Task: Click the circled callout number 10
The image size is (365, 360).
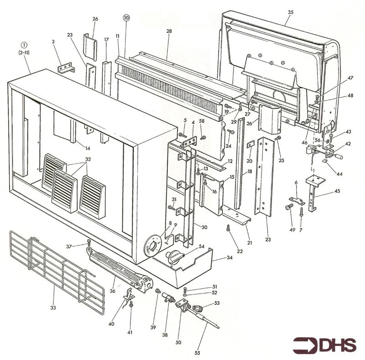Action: tap(126, 18)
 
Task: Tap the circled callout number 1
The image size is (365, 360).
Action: tap(24, 45)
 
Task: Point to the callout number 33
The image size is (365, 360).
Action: tap(53, 308)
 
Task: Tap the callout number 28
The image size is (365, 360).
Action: tap(169, 31)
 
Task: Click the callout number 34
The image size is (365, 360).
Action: tap(229, 258)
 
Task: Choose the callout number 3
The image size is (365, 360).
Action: tap(53, 42)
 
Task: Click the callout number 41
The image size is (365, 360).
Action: tap(130, 333)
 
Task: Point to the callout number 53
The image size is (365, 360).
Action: tap(216, 303)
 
